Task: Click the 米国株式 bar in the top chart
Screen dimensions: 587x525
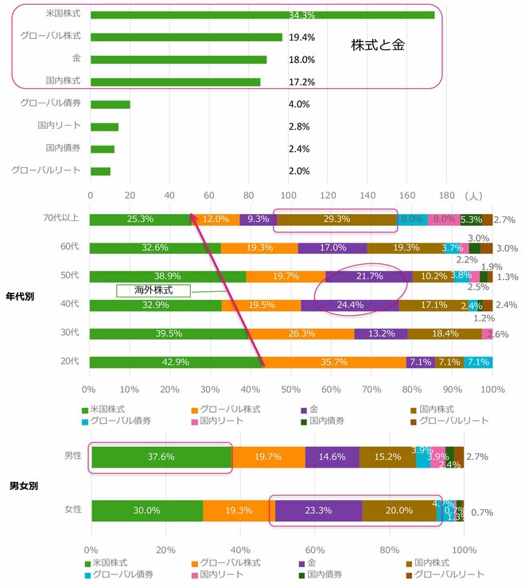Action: tap(262, 14)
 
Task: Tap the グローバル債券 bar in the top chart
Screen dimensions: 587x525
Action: tap(110, 104)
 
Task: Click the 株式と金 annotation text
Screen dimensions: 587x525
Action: tap(378, 45)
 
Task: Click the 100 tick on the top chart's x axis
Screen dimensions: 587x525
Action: tap(288, 195)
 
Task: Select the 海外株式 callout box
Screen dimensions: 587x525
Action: tap(153, 290)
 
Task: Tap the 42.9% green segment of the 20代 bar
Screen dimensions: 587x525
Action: tap(176, 363)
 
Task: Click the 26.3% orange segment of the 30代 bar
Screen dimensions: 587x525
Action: tap(301, 334)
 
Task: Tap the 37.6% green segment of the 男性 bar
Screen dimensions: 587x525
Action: tap(161, 457)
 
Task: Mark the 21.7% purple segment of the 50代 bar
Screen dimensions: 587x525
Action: tap(369, 277)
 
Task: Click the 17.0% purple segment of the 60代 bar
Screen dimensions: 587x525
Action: tap(332, 248)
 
